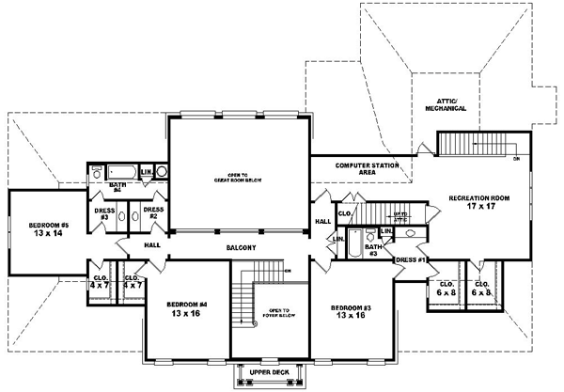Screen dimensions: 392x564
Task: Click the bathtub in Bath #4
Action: click(x=120, y=172)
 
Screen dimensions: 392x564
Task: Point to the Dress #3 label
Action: click(x=104, y=213)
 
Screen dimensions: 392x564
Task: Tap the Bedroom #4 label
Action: click(x=186, y=305)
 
